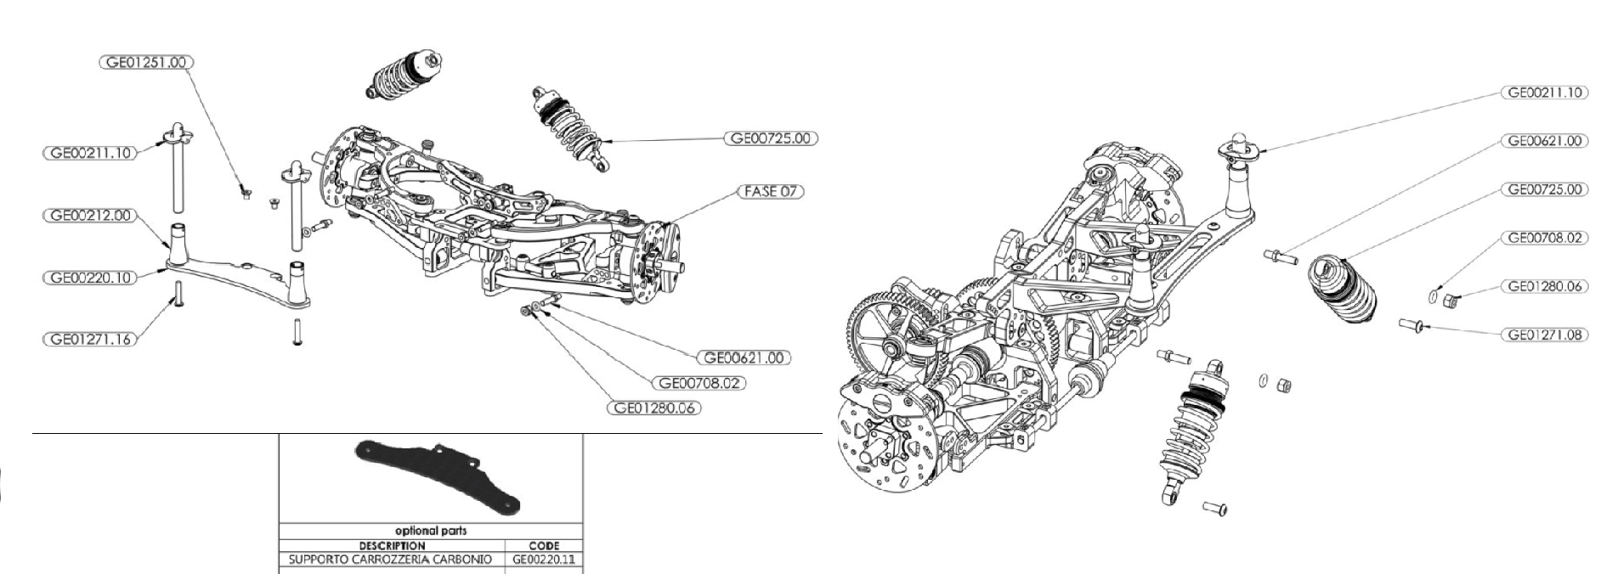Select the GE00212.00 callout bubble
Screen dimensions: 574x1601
point(88,216)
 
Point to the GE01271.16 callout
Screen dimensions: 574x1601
point(88,339)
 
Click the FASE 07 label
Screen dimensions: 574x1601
point(771,191)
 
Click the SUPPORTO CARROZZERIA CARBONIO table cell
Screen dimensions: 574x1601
point(390,560)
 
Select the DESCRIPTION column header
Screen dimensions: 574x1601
point(392,545)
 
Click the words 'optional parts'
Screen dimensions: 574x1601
point(431,531)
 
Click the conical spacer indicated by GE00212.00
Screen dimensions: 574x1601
point(180,244)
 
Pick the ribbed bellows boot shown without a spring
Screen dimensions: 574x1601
point(1341,290)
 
